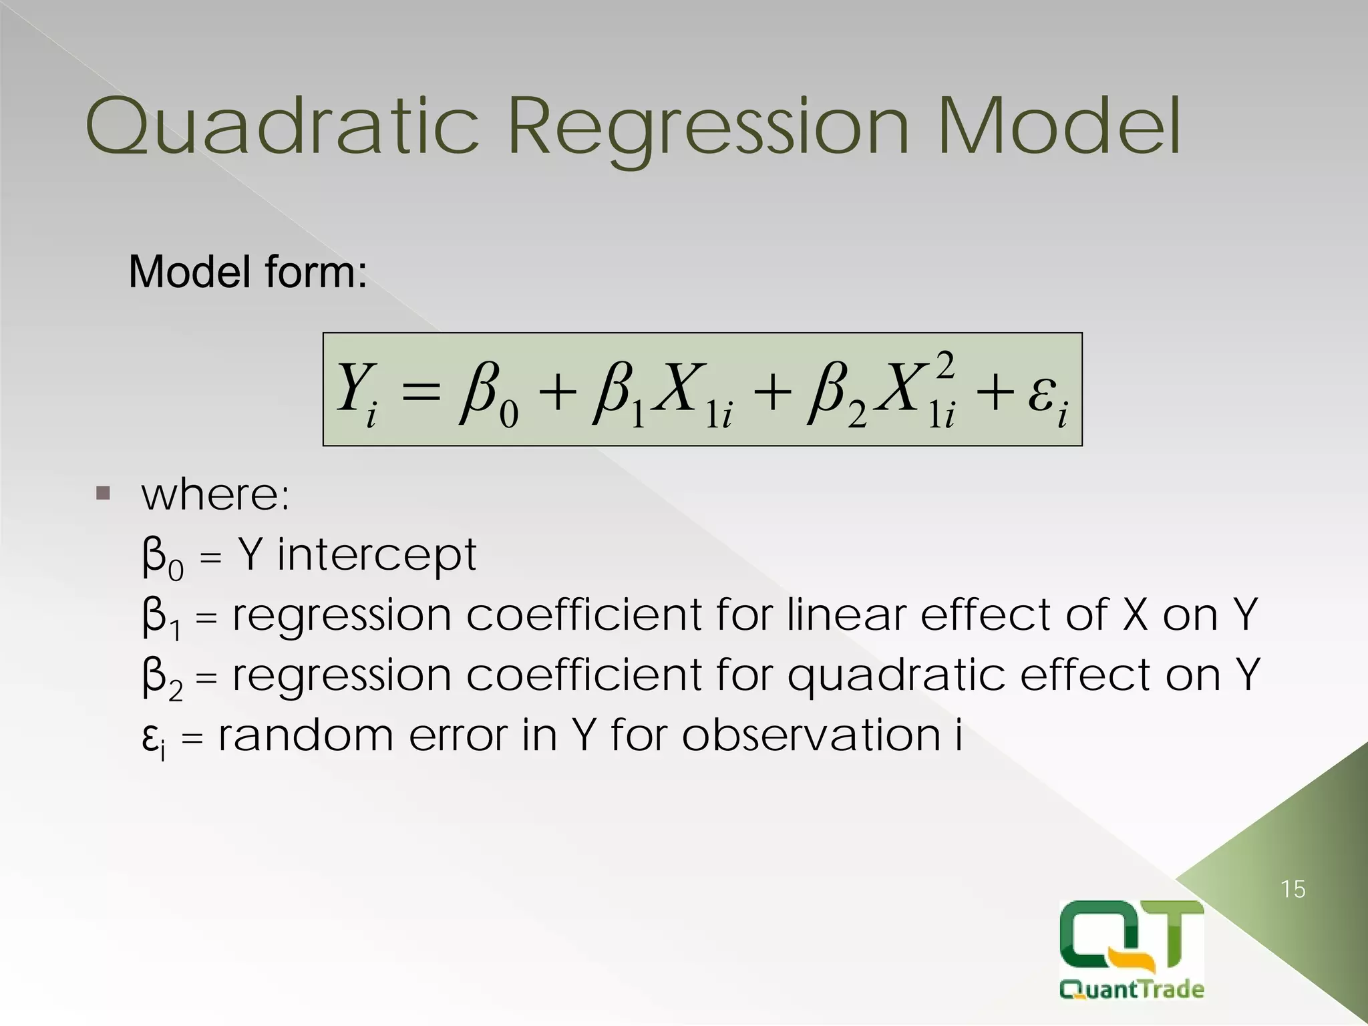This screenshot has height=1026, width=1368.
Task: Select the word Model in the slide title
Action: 1059,126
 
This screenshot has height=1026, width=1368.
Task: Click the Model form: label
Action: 247,272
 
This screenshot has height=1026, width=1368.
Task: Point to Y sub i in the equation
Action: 357,391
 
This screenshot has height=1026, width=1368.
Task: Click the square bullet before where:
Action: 103,494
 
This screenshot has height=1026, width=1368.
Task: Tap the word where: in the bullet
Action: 215,496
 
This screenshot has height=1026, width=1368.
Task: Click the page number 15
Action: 1293,890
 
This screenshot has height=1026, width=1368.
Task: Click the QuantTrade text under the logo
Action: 1132,989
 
